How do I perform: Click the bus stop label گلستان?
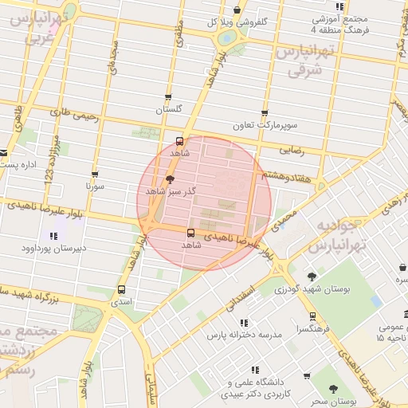point(168,108)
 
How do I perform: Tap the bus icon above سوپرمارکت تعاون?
point(265,113)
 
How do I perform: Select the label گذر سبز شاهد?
point(167,193)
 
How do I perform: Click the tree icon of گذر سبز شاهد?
point(168,179)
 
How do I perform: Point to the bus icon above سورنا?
point(95,173)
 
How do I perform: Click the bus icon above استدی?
point(121,290)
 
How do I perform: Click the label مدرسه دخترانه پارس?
point(245,335)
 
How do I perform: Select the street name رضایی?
point(291,149)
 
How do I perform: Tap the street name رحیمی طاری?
point(73,116)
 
